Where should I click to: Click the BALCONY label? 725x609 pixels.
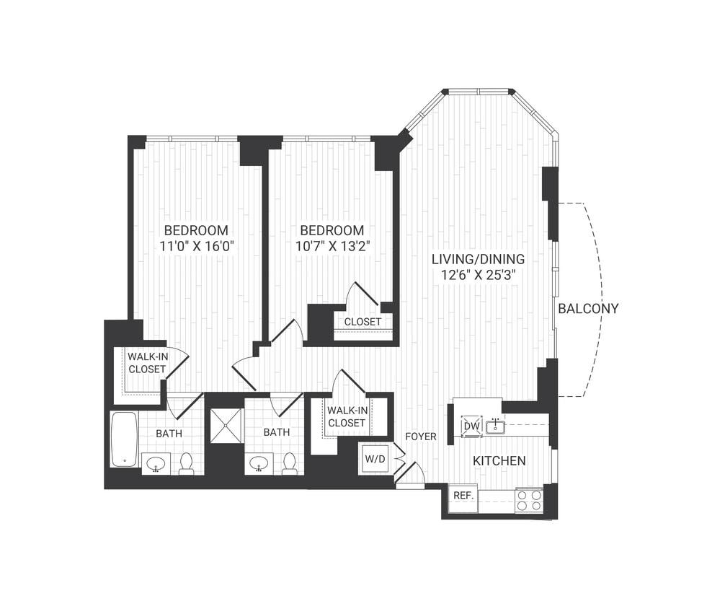coord(588,309)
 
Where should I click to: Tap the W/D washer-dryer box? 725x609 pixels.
coord(375,458)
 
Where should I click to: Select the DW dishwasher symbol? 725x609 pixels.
coord(471,426)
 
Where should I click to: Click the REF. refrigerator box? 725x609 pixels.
coord(462,496)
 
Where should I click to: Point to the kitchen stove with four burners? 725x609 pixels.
coord(529,500)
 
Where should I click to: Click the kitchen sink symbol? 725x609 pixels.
coord(495,426)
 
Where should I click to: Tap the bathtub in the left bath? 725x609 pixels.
coord(123,439)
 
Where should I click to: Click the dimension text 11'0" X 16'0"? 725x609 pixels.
coord(197,247)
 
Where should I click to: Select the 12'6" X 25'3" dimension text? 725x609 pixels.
coord(478,274)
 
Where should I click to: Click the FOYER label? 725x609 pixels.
coord(421,437)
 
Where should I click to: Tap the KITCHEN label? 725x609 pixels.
coord(499,461)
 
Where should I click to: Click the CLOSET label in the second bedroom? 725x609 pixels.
coord(362,321)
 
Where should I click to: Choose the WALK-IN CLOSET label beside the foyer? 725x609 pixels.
coord(346,416)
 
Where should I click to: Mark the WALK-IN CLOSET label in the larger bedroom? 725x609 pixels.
coord(147,362)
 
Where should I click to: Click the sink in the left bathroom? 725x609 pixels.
coord(156,464)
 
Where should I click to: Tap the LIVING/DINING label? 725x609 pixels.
coord(478,258)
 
